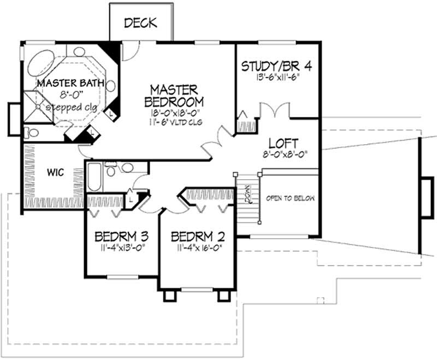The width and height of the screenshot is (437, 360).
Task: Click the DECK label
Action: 140,23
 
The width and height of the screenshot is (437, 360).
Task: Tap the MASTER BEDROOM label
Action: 174,95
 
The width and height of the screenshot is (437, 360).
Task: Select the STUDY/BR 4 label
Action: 277,67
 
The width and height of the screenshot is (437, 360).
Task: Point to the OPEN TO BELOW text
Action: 290,198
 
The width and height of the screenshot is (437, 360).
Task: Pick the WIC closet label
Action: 55,173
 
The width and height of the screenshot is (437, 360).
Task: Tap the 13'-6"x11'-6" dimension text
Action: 277,78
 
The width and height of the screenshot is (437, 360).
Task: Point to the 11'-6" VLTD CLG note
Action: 174,122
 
